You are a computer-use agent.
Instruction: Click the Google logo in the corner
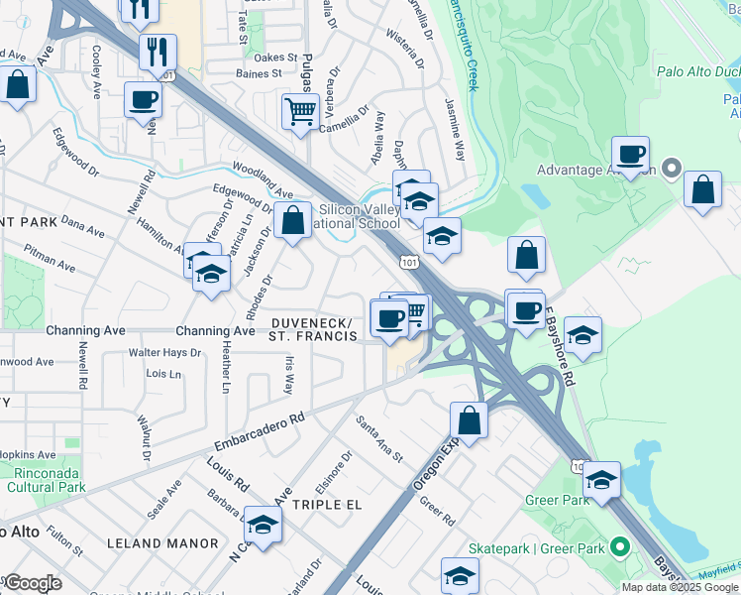32,583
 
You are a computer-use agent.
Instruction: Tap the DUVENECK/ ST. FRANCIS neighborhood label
312,329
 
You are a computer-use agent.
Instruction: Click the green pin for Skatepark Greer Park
620,547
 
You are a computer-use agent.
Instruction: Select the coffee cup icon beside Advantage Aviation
630,155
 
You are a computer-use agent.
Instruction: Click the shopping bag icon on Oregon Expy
470,419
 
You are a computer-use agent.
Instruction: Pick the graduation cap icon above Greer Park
599,478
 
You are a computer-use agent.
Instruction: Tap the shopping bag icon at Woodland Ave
293,221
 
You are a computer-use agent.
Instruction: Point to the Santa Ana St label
380,437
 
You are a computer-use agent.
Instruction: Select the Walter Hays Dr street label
164,353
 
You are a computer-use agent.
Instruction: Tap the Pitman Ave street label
51,260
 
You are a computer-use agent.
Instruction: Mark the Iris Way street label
289,377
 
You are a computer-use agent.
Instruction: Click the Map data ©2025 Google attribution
680,587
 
